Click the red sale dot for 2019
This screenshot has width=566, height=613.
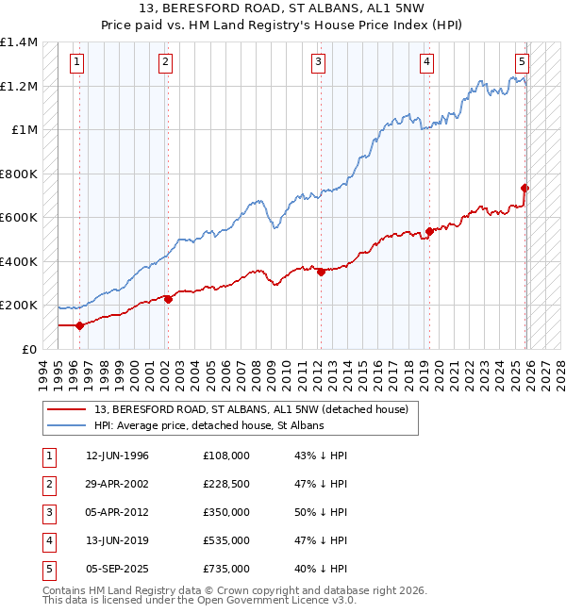tap(429, 231)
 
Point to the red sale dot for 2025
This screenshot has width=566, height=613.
tap(525, 188)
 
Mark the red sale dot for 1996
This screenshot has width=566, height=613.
tap(79, 325)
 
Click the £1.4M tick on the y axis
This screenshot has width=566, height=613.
tap(19, 42)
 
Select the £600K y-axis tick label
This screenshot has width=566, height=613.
tap(19, 217)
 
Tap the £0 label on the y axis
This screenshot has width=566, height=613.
tap(28, 349)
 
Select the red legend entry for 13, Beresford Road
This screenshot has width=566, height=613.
tap(250, 409)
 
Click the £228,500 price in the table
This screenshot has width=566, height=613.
tap(226, 484)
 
